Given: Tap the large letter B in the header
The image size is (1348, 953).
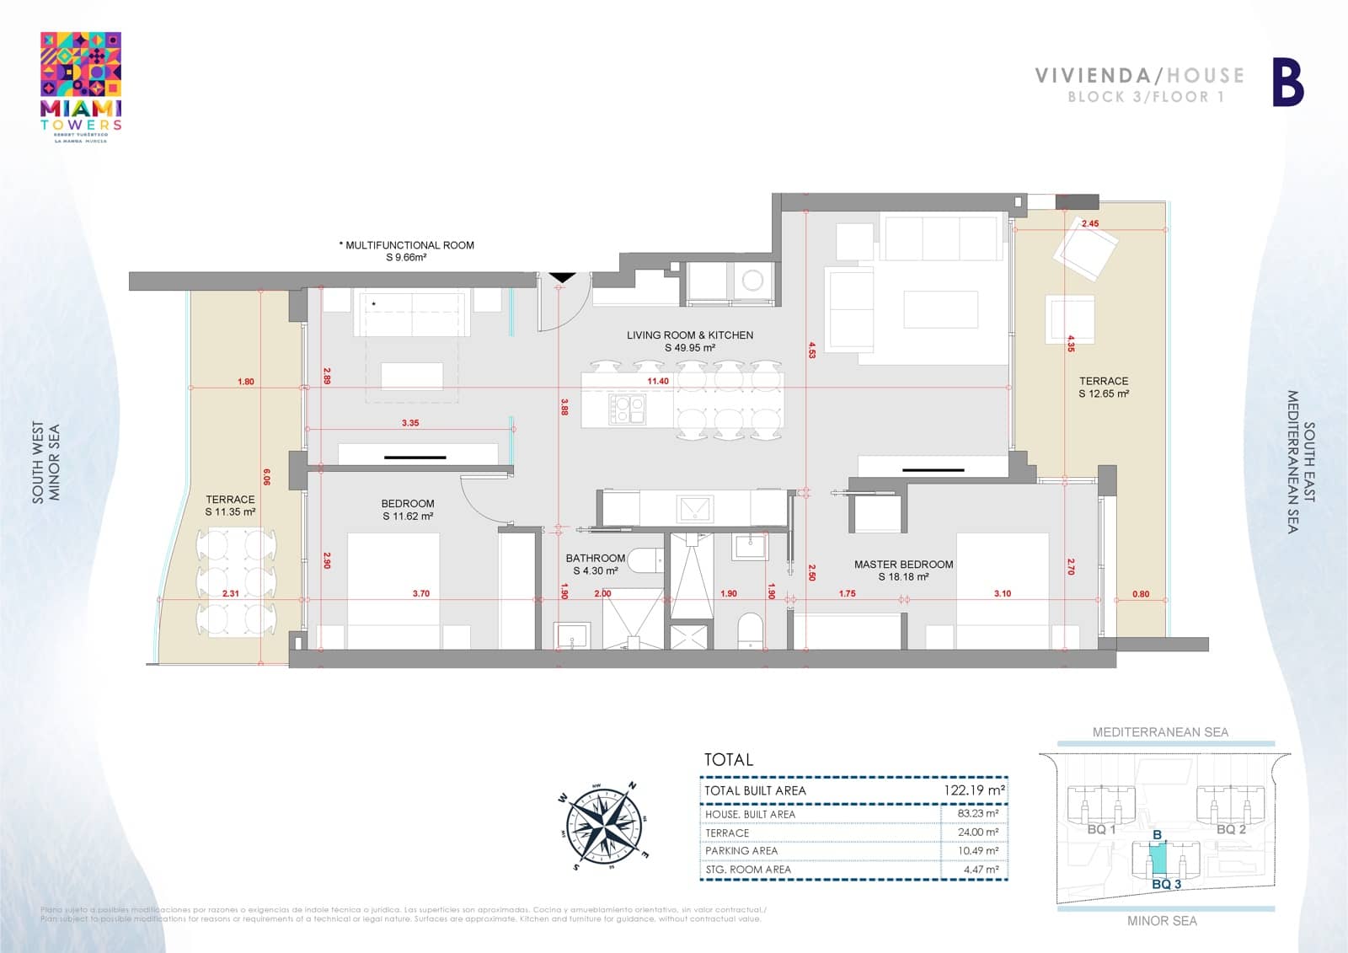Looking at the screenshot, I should pyautogui.click(x=1286, y=83).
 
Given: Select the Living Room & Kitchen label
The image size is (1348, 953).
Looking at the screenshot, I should pyautogui.click(x=689, y=340).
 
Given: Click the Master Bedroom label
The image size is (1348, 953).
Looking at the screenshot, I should pyautogui.click(x=903, y=570).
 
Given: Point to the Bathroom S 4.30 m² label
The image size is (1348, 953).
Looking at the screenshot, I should pyautogui.click(x=595, y=564).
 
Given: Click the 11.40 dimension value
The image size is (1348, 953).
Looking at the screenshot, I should pyautogui.click(x=658, y=382).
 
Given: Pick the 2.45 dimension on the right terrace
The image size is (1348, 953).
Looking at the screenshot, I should pyautogui.click(x=1089, y=224).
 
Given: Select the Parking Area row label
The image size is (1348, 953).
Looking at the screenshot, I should pyautogui.click(x=741, y=851).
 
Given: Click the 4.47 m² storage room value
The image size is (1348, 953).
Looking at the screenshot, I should pyautogui.click(x=981, y=870).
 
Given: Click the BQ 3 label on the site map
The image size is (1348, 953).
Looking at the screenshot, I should pyautogui.click(x=1166, y=885).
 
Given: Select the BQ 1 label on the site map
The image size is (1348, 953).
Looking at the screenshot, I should pyautogui.click(x=1101, y=829).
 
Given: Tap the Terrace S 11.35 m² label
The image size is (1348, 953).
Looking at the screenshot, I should pyautogui.click(x=230, y=506).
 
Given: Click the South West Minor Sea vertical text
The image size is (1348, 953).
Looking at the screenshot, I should pyautogui.click(x=46, y=463).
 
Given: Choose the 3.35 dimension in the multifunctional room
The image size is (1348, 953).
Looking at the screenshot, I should pyautogui.click(x=410, y=423).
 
